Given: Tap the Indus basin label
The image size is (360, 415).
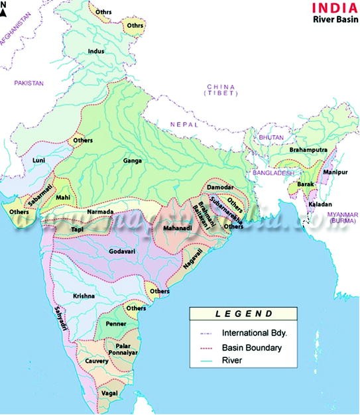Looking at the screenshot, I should pyautogui.click(x=97, y=51).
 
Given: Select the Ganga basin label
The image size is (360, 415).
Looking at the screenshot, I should pyautogui.click(x=133, y=160).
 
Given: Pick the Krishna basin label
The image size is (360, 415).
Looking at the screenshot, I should pyautogui.click(x=85, y=296).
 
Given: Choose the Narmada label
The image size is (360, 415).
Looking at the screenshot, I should pyautogui.click(x=101, y=212).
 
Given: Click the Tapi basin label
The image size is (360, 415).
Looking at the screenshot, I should pyautogui.click(x=77, y=229).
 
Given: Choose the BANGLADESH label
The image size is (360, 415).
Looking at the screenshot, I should pyautogui.click(x=272, y=172).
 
